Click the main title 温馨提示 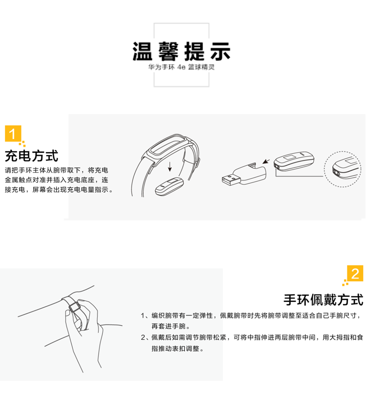click(181, 51)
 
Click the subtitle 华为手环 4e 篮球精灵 click(181, 67)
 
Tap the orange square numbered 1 click(13, 134)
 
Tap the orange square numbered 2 click(355, 273)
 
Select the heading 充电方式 click(32, 156)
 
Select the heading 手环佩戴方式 click(324, 300)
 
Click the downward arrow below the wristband click(170, 166)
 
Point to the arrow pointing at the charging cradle click(266, 161)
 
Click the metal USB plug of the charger click(231, 179)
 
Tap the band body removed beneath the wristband click(169, 187)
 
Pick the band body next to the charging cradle click(294, 161)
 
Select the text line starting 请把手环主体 click(57, 170)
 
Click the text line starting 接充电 click(59, 190)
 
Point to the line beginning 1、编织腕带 click(251, 316)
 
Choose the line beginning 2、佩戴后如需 click(252, 337)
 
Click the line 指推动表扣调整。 click(178, 349)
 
